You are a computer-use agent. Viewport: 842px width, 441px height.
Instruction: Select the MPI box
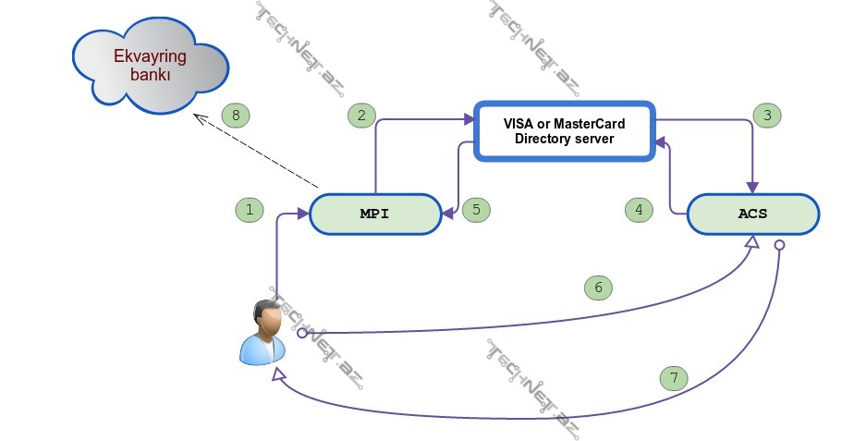click(374, 214)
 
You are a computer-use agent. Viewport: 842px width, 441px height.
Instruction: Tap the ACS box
click(752, 214)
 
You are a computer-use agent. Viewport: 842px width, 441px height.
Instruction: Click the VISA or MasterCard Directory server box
click(564, 131)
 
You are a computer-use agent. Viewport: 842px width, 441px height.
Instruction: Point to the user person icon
click(262, 332)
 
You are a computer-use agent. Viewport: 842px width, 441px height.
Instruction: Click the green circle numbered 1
click(250, 210)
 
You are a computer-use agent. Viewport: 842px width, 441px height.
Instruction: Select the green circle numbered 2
click(361, 116)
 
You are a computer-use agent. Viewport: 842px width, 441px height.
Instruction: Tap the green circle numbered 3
click(766, 116)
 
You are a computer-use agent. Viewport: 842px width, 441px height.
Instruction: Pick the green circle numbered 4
click(638, 210)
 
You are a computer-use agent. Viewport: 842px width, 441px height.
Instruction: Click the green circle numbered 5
click(476, 210)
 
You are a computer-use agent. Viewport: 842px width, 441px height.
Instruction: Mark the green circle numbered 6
click(598, 288)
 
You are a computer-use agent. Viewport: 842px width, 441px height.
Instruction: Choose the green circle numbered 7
click(674, 377)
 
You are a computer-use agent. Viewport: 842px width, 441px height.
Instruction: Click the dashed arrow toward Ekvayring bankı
click(259, 152)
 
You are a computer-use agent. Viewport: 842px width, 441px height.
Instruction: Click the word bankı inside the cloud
click(150, 76)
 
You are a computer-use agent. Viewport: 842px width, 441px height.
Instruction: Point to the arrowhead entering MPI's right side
click(447, 214)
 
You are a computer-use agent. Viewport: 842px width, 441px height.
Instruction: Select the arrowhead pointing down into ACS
click(752, 189)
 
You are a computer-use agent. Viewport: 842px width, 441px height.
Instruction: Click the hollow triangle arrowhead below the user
click(276, 377)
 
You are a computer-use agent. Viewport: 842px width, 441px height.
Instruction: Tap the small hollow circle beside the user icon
click(302, 332)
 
